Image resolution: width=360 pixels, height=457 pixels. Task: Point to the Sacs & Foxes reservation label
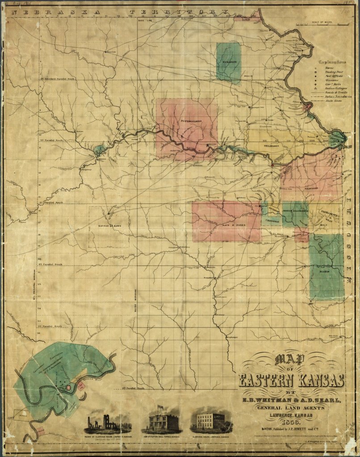tap(232, 226)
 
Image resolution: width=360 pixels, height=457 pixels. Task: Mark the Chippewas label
tap(272, 220)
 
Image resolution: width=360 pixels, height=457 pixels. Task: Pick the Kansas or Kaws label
tap(109, 226)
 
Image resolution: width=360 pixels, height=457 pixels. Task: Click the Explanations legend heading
tap(332, 62)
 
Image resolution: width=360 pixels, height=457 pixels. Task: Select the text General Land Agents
tap(292, 406)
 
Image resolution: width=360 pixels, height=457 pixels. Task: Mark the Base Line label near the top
tap(145, 21)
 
